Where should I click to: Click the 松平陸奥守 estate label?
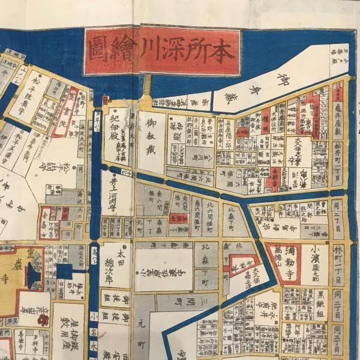pos(37,93)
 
